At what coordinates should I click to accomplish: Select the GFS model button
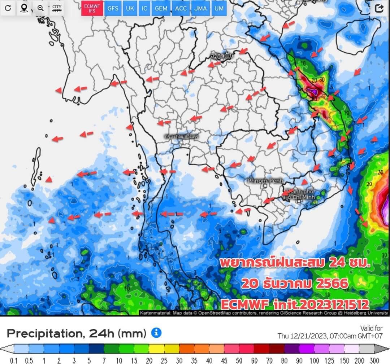coord(113,8)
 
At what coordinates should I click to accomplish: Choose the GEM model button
coord(161,8)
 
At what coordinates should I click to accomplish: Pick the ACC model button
coord(181,8)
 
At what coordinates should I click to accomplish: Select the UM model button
coord(219,8)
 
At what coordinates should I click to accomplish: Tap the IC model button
coord(144,8)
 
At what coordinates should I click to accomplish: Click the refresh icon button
coord(8,8)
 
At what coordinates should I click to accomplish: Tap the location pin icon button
coord(24,8)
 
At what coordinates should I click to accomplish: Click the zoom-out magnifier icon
coord(40,8)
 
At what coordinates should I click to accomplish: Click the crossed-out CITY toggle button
coord(57,8)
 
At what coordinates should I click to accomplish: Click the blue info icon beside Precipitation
coord(156,333)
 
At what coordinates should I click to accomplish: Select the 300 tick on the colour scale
coord(374,360)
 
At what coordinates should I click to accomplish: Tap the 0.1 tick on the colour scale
coord(14,360)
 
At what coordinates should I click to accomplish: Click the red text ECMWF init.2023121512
coord(295,304)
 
